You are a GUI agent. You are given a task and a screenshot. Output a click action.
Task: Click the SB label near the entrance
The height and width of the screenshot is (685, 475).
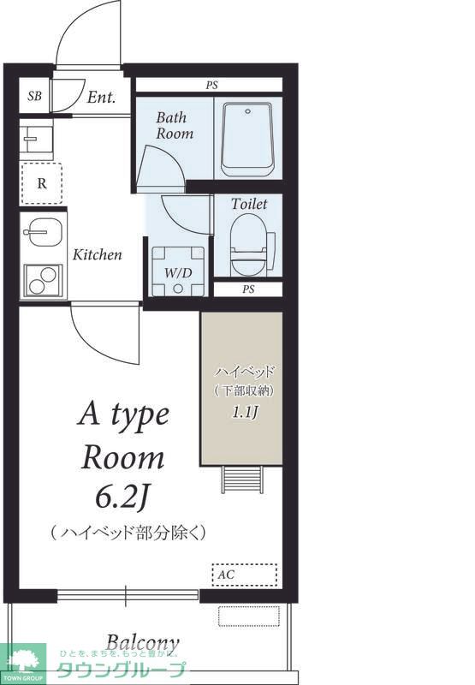(x=34, y=96)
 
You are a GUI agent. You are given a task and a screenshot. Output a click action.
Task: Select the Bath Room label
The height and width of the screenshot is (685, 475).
(x=175, y=126)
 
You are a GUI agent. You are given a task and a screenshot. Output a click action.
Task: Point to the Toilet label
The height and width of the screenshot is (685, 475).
(x=249, y=205)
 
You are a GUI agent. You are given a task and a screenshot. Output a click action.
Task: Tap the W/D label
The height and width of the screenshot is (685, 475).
(x=177, y=273)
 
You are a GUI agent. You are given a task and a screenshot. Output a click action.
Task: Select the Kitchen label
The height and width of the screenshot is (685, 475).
(x=97, y=254)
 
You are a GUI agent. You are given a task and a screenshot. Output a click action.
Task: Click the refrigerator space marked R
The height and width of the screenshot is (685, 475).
(x=41, y=182)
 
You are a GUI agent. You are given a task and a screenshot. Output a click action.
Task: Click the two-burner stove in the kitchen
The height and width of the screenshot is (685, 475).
(x=40, y=279)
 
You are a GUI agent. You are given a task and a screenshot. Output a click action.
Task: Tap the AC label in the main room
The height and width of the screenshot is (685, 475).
(x=226, y=575)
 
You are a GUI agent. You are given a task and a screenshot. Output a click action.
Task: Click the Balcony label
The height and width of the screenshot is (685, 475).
(x=142, y=642)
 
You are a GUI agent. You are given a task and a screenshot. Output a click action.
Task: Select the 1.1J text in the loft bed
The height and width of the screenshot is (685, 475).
(x=244, y=413)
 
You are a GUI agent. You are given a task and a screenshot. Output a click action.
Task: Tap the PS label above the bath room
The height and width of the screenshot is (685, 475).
(x=211, y=85)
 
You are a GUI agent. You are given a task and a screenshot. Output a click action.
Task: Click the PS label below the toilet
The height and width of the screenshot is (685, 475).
(x=248, y=289)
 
